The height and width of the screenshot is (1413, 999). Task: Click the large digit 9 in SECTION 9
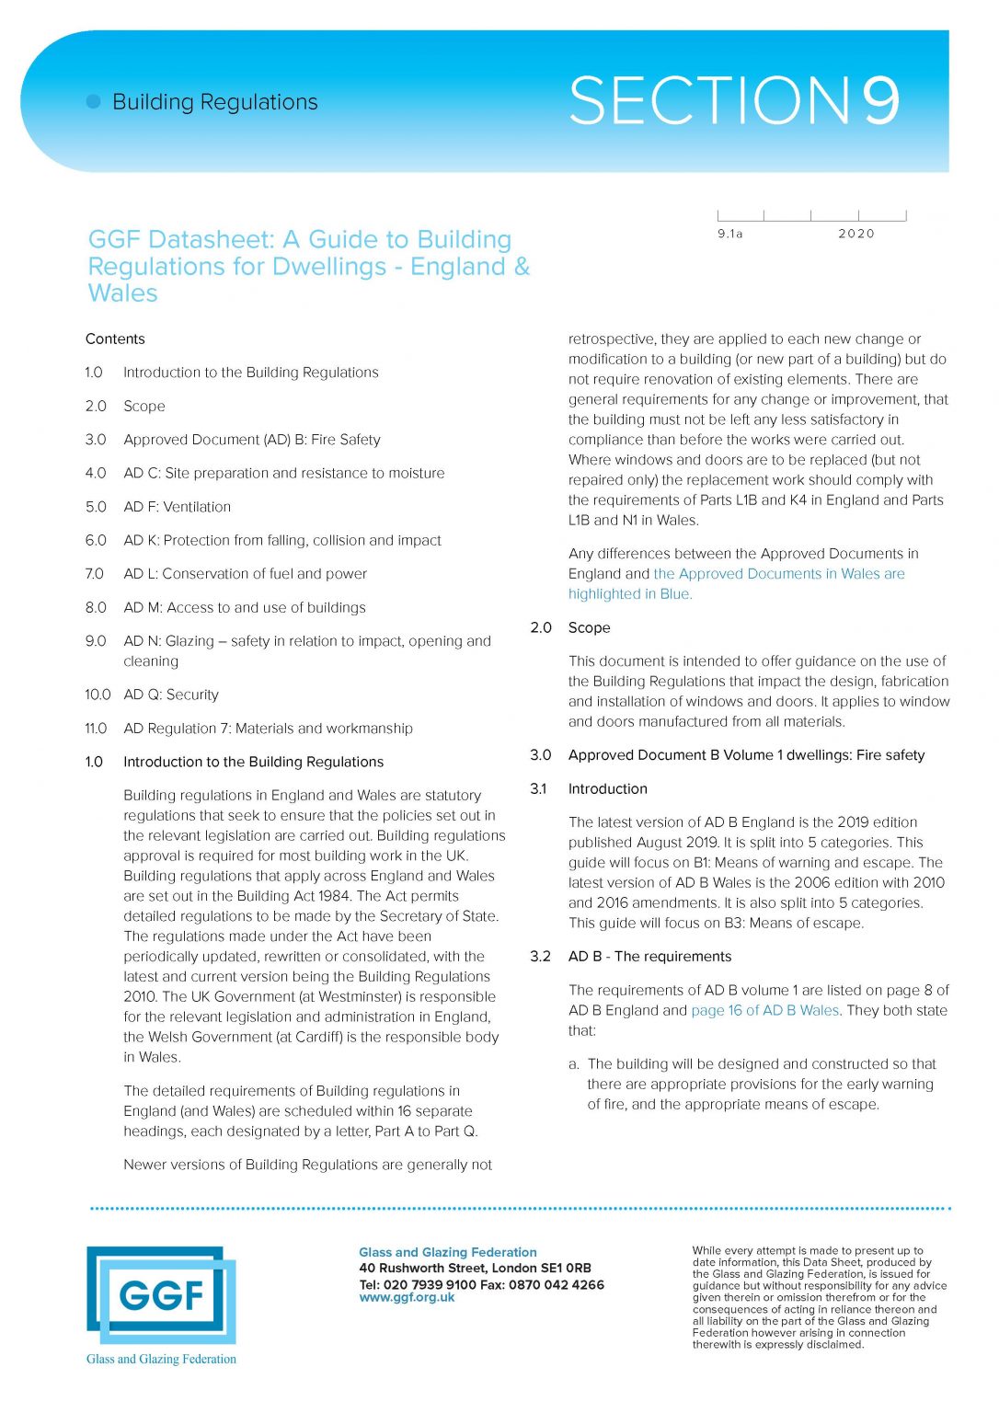click(880, 101)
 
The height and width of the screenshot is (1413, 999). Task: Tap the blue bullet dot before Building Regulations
click(93, 102)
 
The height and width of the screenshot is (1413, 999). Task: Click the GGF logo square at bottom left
click(160, 1295)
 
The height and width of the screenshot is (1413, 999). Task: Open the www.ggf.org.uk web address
click(407, 1298)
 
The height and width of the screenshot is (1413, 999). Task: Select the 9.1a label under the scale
click(729, 234)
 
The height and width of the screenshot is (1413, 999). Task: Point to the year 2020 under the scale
click(855, 234)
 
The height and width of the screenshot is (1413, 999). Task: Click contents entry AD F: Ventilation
click(177, 507)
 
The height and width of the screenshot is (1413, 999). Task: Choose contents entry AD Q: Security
click(171, 695)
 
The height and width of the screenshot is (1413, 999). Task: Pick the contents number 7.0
click(96, 574)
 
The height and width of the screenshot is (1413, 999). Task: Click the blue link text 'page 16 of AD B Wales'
click(764, 1010)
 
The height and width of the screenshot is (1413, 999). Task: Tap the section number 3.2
click(540, 957)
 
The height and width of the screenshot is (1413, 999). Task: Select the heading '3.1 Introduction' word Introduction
click(607, 789)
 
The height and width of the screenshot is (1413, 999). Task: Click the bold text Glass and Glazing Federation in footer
click(447, 1252)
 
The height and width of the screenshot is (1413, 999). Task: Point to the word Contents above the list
click(115, 339)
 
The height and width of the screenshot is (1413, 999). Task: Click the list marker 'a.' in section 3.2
click(574, 1064)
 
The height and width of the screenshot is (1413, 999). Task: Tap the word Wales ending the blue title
click(123, 293)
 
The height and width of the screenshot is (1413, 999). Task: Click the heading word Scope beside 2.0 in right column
click(589, 627)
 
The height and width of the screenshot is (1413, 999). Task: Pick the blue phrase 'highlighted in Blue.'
click(630, 594)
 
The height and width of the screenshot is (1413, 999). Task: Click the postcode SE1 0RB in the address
click(566, 1268)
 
